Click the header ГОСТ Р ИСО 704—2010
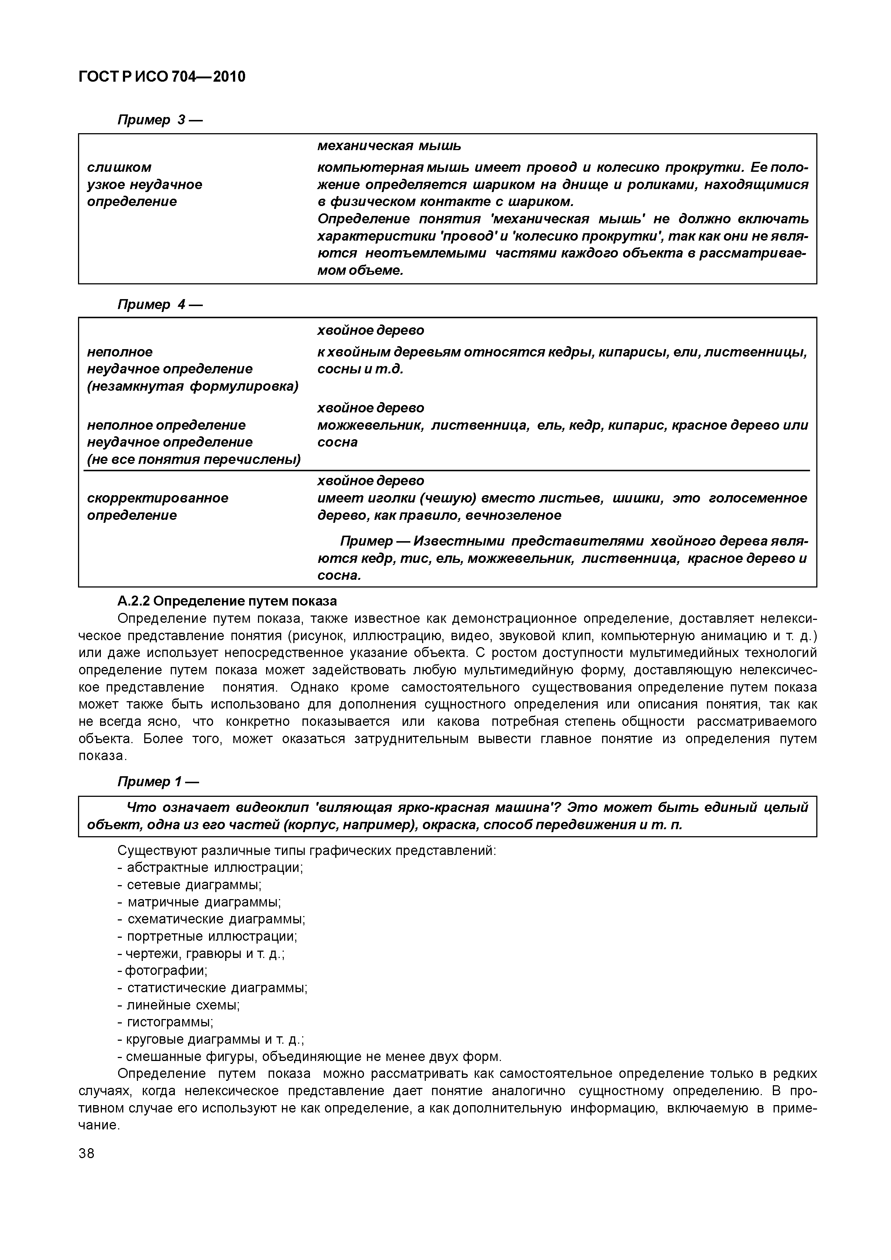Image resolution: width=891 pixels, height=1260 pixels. (x=162, y=77)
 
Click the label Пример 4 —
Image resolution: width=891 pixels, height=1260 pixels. (x=160, y=305)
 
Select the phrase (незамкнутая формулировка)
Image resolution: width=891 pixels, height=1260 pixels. (x=193, y=386)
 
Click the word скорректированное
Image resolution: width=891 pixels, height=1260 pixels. (x=158, y=498)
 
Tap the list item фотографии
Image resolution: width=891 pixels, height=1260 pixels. (x=166, y=971)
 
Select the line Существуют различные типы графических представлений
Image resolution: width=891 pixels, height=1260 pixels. (x=306, y=851)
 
